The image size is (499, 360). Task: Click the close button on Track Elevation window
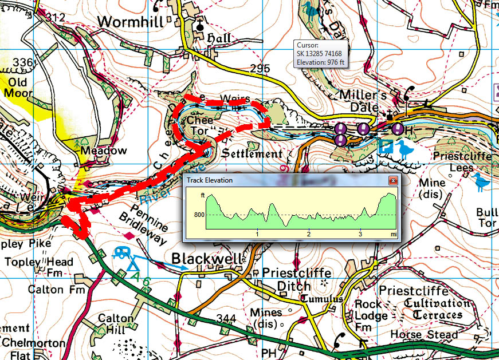393,180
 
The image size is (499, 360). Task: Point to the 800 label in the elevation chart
199,215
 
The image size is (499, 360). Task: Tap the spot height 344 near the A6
227,317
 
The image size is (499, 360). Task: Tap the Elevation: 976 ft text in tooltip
320,62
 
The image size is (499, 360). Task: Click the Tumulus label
323,299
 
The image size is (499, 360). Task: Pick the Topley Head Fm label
38,268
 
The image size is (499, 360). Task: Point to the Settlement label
252,154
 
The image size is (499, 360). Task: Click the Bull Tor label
487,217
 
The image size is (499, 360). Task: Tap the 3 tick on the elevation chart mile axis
360,234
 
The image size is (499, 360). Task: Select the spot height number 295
260,69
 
